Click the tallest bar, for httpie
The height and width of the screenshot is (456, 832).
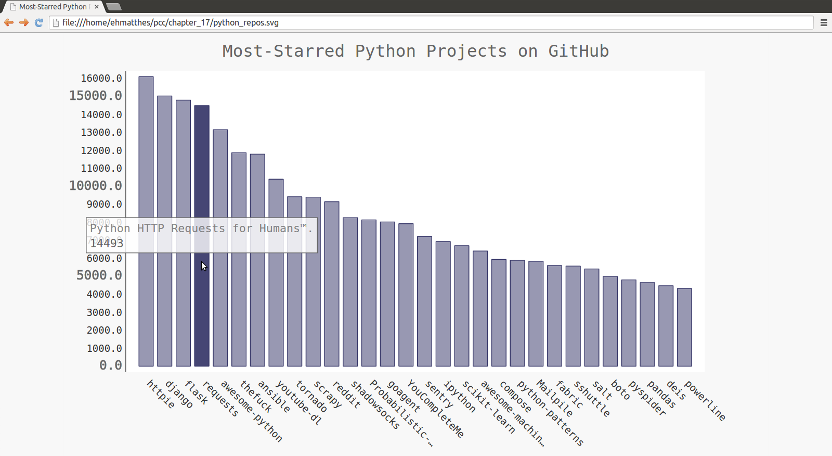[146, 221]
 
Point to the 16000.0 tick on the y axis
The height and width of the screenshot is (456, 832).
[101, 78]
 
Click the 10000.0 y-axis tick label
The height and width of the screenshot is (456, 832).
[96, 186]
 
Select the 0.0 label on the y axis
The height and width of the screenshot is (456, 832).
[111, 365]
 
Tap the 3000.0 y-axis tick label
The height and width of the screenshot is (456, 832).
[105, 312]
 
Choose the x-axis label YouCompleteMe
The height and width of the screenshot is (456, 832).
[435, 409]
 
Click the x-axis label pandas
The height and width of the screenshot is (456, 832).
[661, 394]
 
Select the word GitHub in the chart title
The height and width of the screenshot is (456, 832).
[578, 51]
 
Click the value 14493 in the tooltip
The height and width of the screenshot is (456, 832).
[107, 243]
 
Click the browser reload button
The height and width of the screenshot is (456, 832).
[38, 22]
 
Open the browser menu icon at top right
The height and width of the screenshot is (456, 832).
[824, 22]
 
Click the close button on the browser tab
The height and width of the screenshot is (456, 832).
[97, 7]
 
